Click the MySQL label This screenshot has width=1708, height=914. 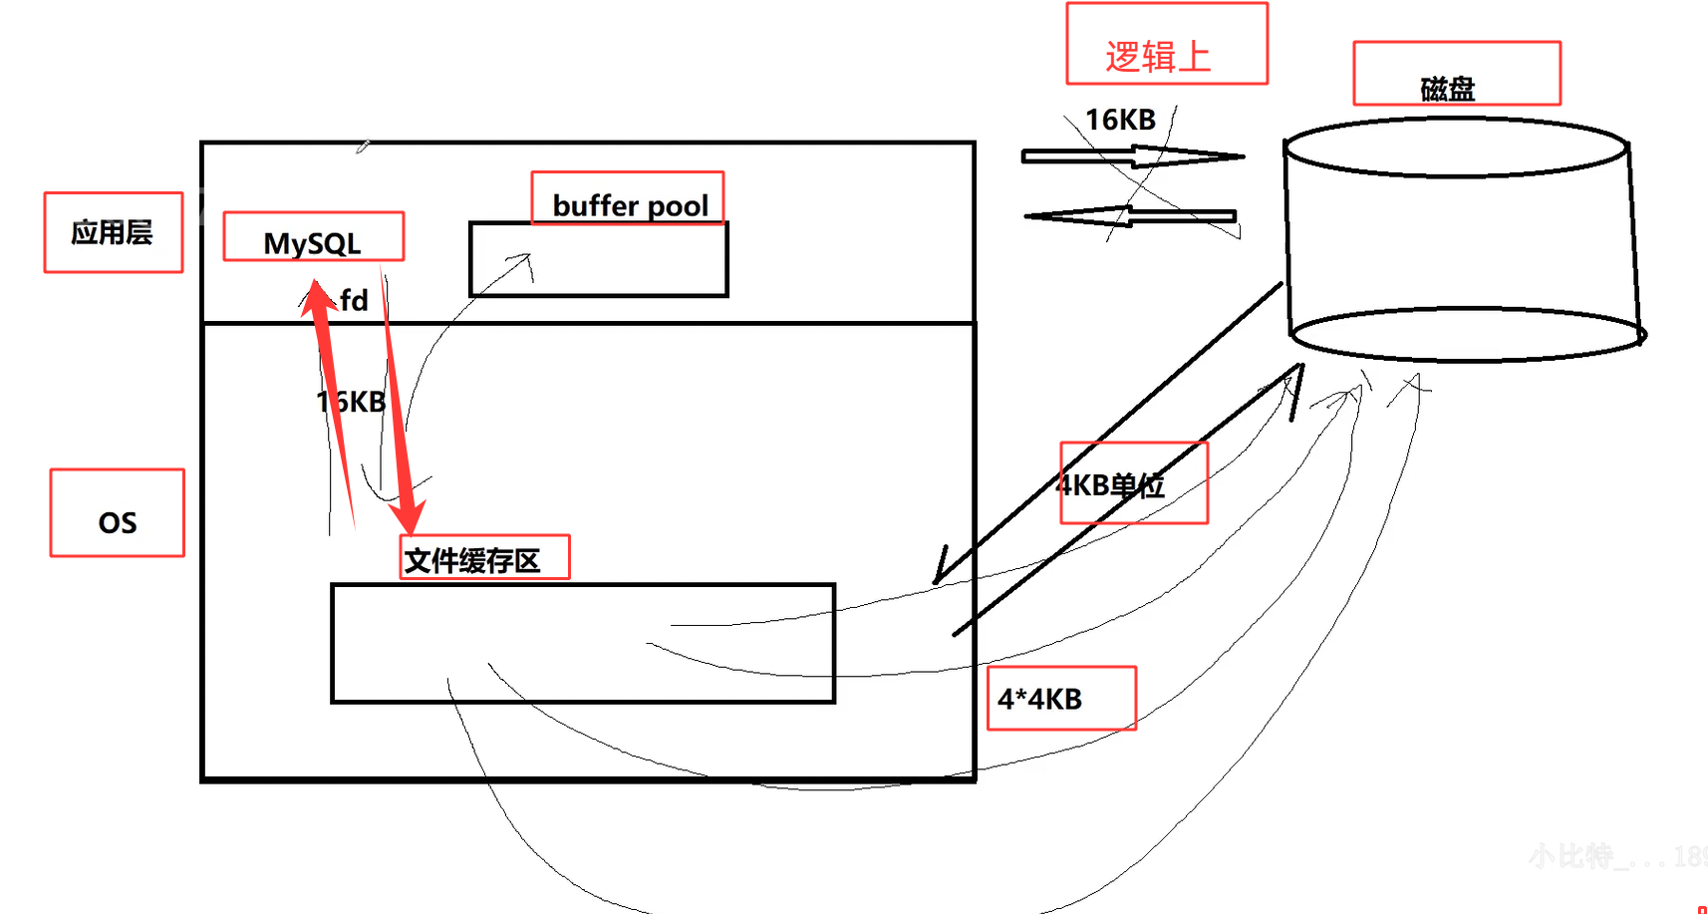(312, 242)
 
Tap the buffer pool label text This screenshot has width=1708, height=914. (630, 205)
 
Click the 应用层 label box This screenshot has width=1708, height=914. (113, 232)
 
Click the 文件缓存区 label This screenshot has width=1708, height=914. (472, 560)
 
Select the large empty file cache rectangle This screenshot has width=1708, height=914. (583, 643)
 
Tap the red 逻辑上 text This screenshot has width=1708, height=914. (1158, 57)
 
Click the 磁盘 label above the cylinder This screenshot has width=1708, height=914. (1447, 89)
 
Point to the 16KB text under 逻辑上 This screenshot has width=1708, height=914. (1120, 121)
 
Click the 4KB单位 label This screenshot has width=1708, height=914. (1111, 485)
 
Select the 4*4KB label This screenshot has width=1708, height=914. (1040, 699)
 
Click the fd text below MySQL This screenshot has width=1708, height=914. (354, 300)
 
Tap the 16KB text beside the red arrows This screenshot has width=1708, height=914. (351, 402)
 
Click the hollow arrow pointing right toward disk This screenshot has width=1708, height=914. (1132, 156)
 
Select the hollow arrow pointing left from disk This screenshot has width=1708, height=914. (1130, 215)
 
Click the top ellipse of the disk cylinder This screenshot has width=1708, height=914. (1456, 148)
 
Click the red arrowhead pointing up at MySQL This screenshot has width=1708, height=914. (318, 296)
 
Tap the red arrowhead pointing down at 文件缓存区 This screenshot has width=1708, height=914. (408, 518)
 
